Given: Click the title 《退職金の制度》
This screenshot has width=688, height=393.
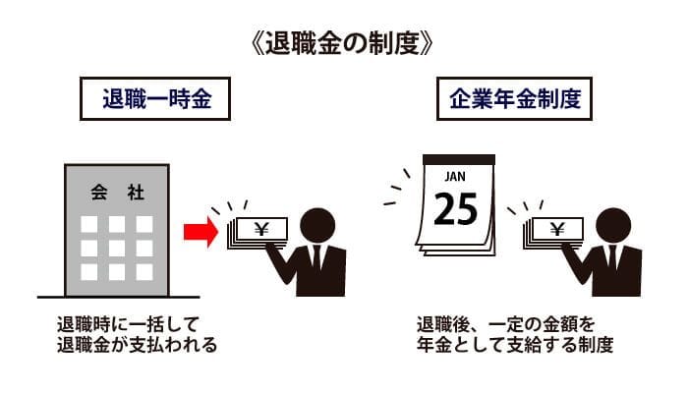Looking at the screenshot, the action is pos(343,44).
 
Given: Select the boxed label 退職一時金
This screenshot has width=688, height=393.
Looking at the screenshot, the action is pos(155,98).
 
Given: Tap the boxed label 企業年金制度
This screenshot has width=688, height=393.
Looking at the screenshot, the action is pos(514,98).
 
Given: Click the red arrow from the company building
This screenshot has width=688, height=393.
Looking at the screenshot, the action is pos(201,232).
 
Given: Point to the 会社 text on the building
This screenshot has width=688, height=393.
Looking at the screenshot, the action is pos(117,193).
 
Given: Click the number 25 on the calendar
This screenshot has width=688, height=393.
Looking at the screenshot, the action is pos(455,209).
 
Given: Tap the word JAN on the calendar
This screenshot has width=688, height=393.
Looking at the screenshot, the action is pos(455,176).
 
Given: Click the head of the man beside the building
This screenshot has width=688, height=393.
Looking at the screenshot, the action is pos(317,226).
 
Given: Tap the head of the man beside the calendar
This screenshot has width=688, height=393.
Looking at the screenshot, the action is pos(613,226).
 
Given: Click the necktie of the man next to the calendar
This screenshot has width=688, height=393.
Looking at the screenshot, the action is pos(612,257).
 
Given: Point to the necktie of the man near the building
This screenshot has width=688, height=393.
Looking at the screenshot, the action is pos(316,257).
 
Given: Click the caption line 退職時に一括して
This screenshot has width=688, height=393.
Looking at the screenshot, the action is pos(128,324).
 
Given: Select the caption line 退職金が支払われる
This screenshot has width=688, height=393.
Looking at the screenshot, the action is pos(137,345).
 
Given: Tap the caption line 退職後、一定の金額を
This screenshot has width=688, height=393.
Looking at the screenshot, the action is pos(505,324).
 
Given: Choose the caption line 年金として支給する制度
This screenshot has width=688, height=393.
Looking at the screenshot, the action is pos(515,345).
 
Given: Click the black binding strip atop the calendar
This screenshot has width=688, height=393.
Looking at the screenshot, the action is pos(459,159).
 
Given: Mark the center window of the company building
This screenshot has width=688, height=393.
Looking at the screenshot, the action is pos(117,249).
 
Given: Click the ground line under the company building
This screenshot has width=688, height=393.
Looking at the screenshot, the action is pos(119,298).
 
